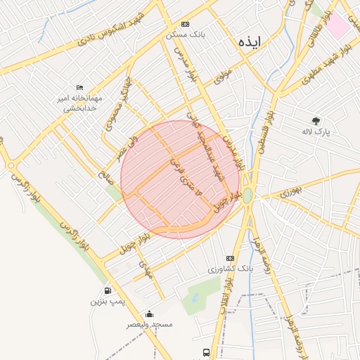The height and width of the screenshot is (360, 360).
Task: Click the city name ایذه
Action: (250, 41)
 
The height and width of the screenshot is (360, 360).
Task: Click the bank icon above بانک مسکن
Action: (185, 23)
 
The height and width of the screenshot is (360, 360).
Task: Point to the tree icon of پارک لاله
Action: (316, 121)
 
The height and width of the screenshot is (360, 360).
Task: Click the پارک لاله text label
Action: (316, 131)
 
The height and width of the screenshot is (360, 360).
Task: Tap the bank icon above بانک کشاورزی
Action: (230, 259)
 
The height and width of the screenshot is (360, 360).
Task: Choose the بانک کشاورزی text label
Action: (229, 269)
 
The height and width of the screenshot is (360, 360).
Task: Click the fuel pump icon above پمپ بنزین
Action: (108, 290)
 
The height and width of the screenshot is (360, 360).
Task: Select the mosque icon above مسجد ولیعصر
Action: (149, 314)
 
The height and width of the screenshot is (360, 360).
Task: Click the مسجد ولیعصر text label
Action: (149, 324)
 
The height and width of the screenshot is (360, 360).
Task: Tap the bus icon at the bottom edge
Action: (205, 352)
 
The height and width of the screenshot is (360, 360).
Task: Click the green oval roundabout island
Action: (247, 195)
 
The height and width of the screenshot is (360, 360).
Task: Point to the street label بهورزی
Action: (290, 191)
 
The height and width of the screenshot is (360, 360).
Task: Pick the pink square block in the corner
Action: (338, 25)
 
